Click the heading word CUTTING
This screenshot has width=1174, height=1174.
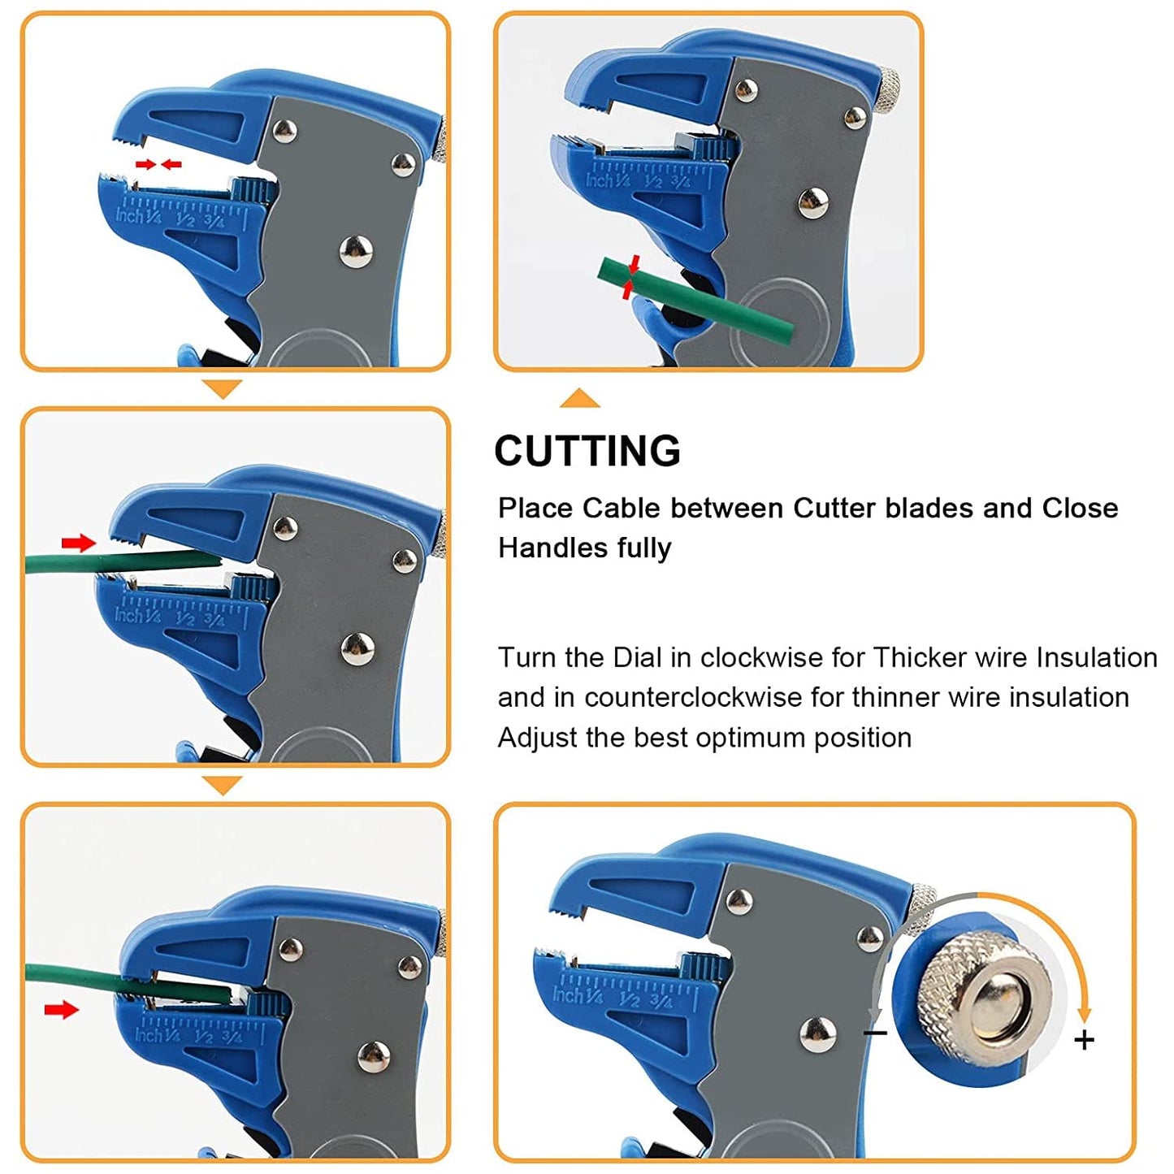587,451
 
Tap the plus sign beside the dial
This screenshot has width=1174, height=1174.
1084,1040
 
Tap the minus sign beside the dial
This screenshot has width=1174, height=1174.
875,1033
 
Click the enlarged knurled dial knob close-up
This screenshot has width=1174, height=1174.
983,995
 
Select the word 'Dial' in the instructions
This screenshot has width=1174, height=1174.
638,657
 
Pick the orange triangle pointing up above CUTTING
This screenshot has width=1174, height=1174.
579,398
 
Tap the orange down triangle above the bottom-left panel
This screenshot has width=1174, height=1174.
222,785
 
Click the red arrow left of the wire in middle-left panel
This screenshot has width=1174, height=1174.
78,543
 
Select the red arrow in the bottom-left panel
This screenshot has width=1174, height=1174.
61,1010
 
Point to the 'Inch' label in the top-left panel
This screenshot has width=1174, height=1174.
129,215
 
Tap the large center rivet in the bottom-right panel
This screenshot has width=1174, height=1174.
817,1034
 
